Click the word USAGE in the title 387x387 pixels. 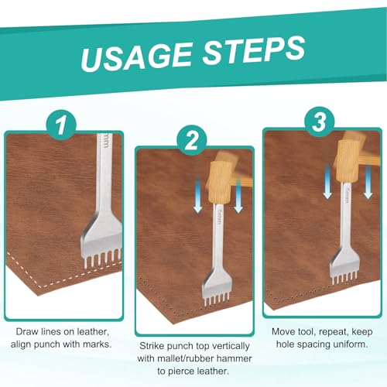[136, 57]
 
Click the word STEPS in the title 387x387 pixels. [254, 50]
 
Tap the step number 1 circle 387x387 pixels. [61, 125]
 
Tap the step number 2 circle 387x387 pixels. [191, 141]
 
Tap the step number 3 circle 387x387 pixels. [320, 122]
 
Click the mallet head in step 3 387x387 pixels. [348, 161]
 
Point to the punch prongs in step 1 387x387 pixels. [102, 258]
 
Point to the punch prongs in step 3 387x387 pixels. [344, 279]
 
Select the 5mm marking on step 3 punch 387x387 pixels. [348, 194]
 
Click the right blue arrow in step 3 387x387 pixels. [368, 182]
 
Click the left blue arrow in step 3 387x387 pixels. [327, 181]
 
